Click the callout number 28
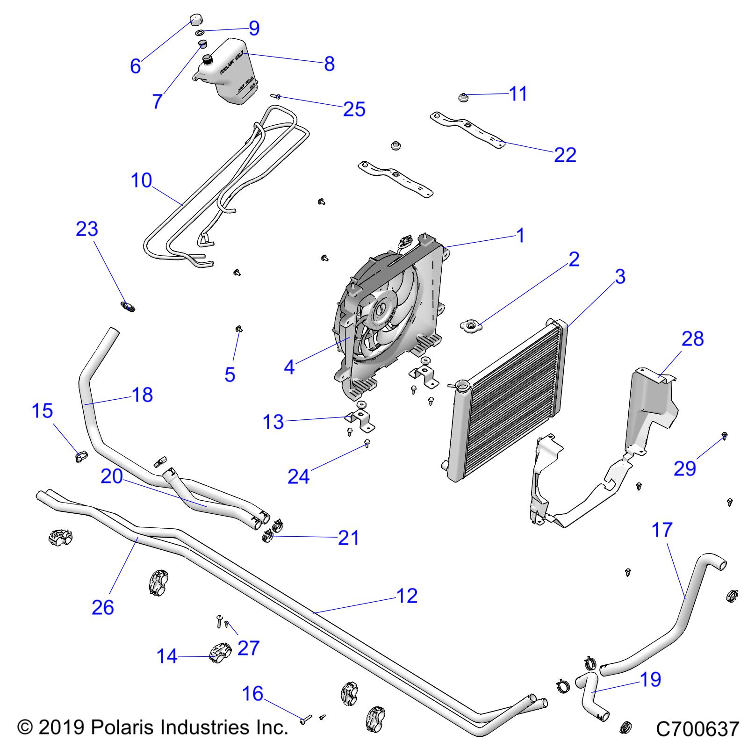click(x=692, y=338)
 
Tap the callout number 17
click(x=662, y=530)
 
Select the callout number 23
click(x=87, y=229)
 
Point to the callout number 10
click(x=141, y=180)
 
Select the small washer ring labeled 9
click(x=200, y=33)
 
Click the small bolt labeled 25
click(x=276, y=97)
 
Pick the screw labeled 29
click(x=724, y=436)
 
